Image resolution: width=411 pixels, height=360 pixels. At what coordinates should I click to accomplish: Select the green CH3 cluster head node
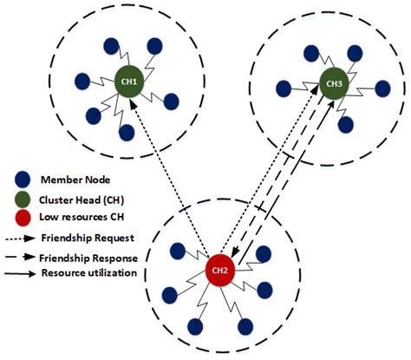tap(333, 84)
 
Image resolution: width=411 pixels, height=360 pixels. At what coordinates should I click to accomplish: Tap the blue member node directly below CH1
tap(127, 133)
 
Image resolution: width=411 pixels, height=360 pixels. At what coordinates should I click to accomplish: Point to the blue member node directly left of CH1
tap(82, 81)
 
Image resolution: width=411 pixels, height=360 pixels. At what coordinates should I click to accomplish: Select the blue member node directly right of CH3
tap(383, 88)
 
